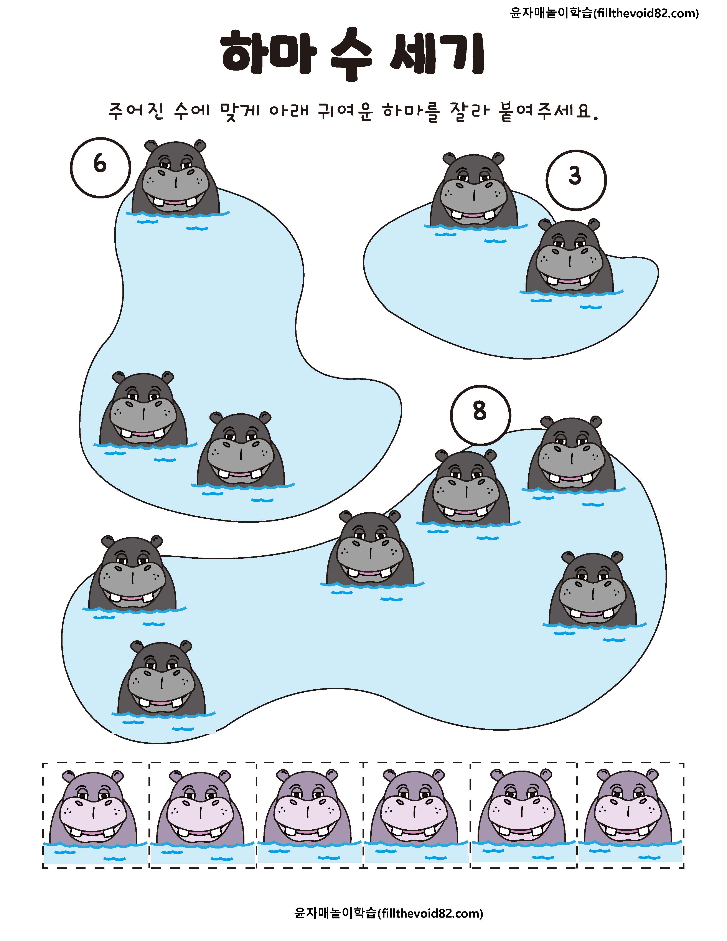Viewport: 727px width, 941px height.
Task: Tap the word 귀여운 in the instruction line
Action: click(345, 112)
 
